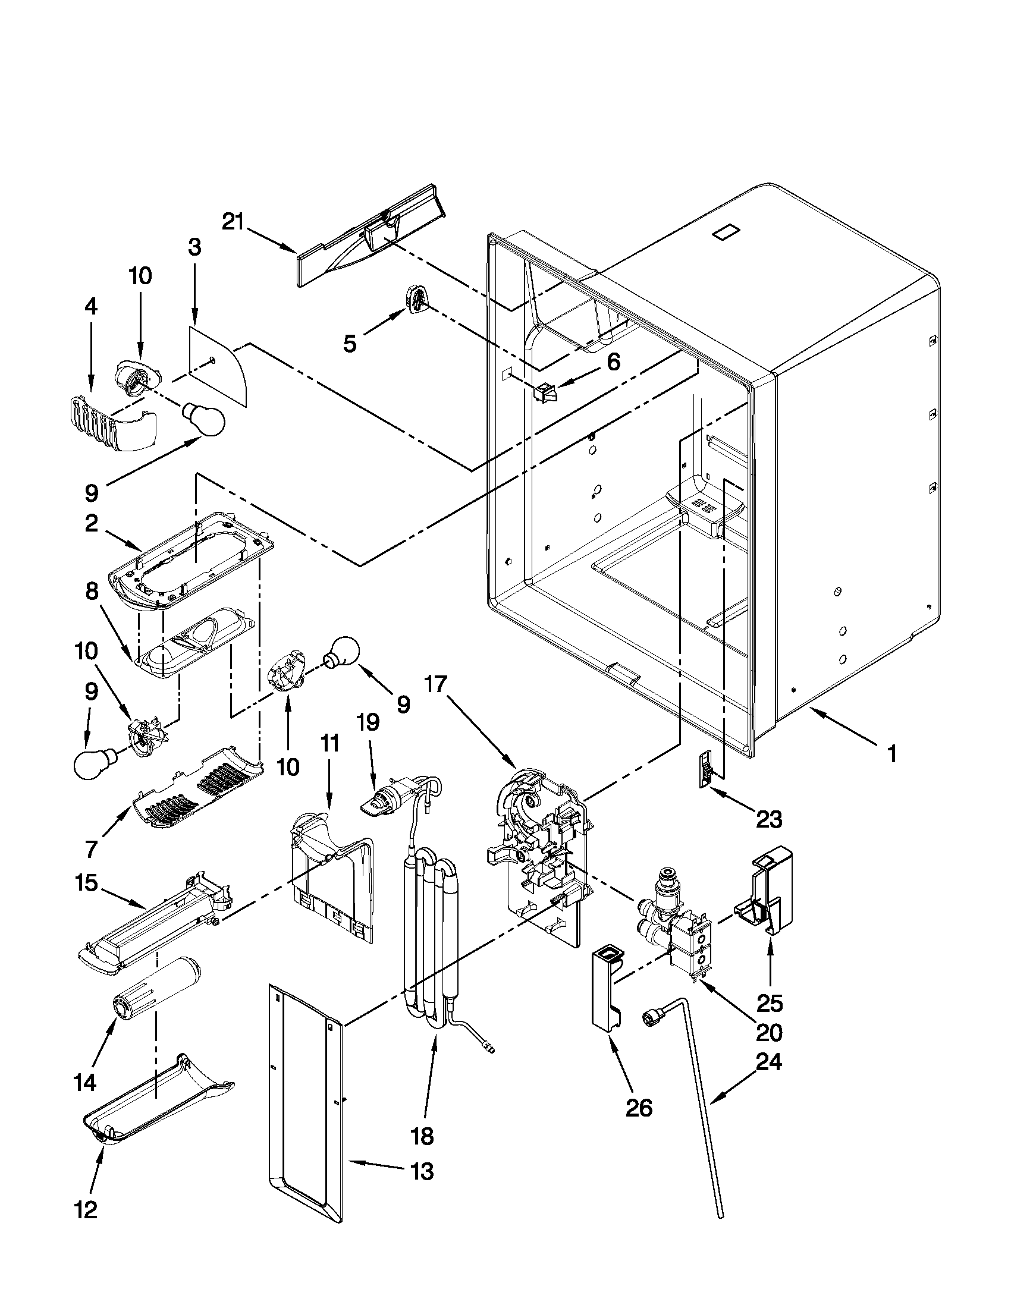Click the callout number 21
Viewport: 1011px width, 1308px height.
tap(233, 222)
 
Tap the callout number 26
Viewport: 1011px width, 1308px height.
tap(639, 1109)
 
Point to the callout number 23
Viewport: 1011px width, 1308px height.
tap(769, 819)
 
